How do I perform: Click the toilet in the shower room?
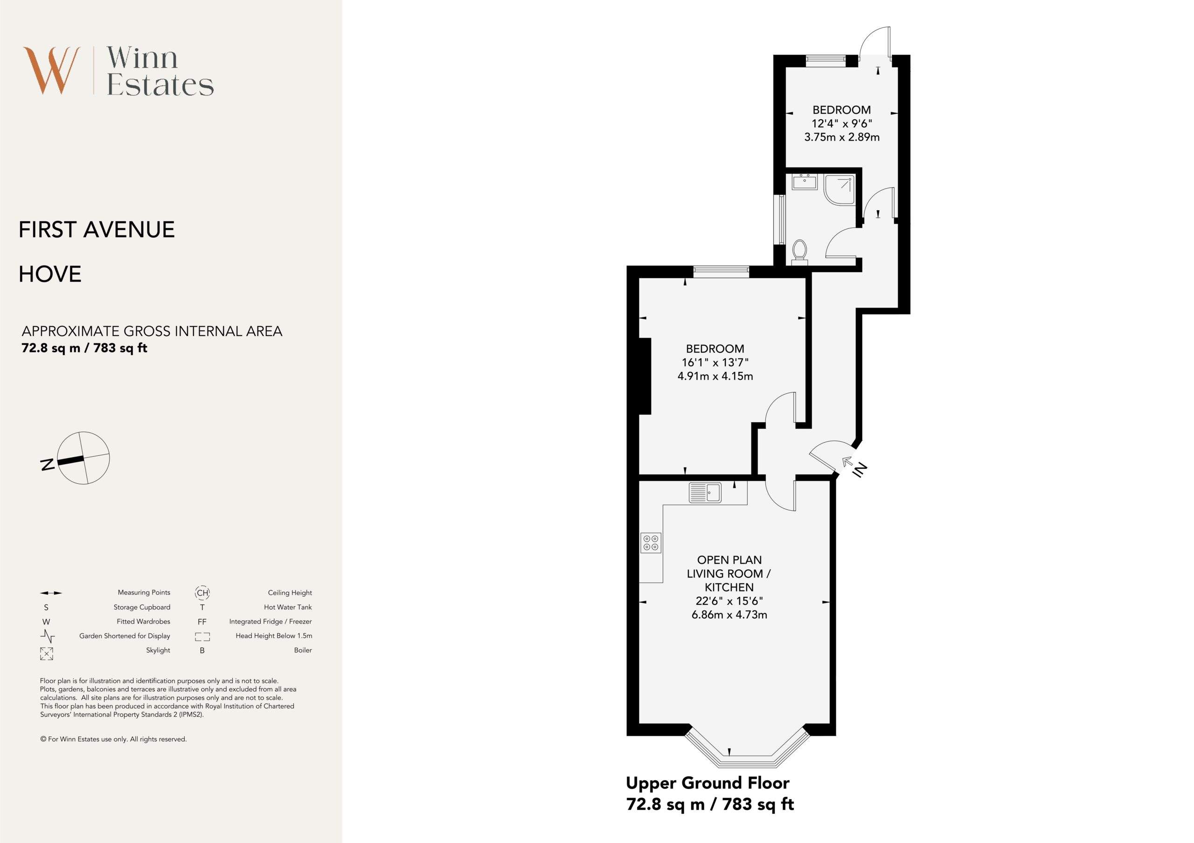800,252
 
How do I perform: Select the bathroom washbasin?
805,182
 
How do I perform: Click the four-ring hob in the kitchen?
651,542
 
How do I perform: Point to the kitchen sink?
705,493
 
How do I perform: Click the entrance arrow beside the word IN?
847,461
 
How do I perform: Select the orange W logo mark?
51,71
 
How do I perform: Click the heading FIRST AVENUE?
97,230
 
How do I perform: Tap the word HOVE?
50,274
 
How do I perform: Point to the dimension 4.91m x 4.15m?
715,376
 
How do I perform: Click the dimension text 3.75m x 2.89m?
842,137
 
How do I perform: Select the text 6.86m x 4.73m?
729,615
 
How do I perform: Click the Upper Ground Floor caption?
707,783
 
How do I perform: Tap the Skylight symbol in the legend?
46,654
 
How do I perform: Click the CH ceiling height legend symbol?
202,592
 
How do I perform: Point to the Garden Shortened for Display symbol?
47,636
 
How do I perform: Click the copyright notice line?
113,739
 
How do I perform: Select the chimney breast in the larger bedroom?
645,376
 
